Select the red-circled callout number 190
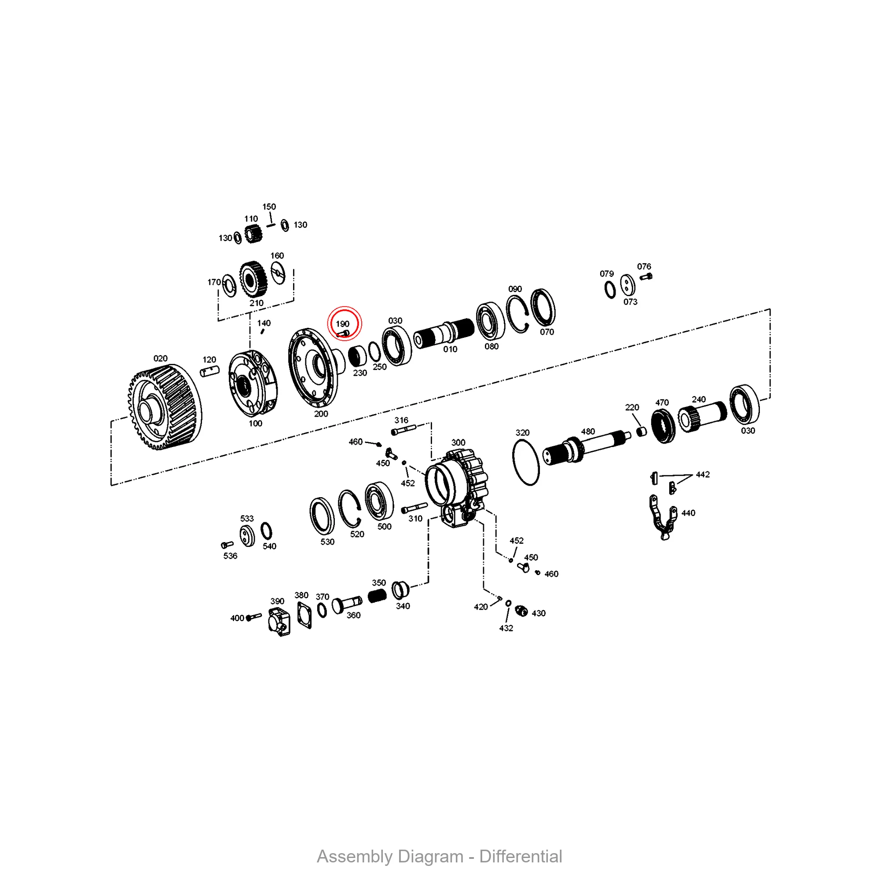(342, 324)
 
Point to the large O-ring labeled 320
(526, 463)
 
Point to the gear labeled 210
(250, 279)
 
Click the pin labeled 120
(209, 372)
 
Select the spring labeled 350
(377, 595)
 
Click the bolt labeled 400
(254, 617)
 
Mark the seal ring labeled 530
(322, 516)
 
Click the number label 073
(631, 301)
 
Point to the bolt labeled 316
(403, 429)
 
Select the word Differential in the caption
(521, 856)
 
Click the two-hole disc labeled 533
(247, 535)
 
